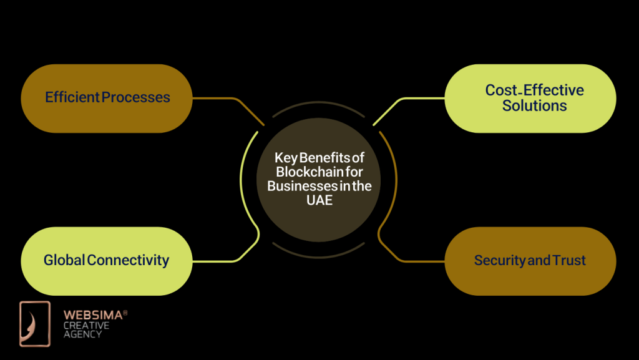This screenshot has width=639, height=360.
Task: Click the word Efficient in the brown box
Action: tap(72, 97)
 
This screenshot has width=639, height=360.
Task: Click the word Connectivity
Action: tap(128, 260)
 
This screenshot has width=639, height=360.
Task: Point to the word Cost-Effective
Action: tap(534, 90)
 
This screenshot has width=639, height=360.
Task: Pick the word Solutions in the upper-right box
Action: tap(534, 106)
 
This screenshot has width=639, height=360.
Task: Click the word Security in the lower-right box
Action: tap(499, 260)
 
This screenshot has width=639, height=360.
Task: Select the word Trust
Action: tap(568, 260)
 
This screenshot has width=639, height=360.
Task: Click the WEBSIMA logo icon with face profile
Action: tap(34, 323)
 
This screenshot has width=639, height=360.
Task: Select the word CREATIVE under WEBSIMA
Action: tap(86, 326)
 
